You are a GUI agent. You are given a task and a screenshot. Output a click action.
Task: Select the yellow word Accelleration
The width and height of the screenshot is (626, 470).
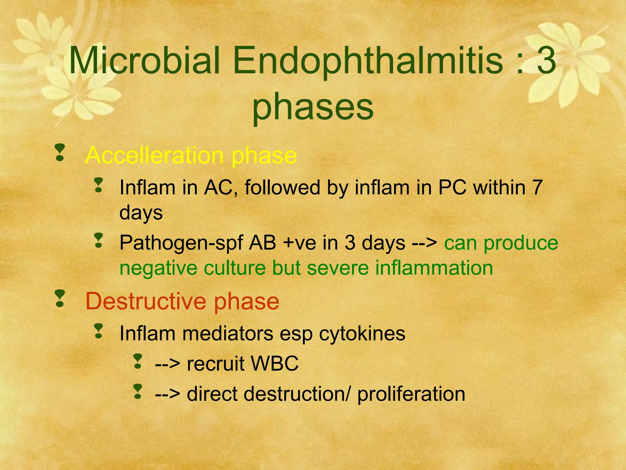click(154, 155)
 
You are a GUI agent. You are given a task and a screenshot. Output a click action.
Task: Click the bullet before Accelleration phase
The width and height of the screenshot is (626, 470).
click(60, 153)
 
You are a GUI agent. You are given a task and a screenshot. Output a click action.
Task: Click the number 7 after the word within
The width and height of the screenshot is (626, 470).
click(537, 187)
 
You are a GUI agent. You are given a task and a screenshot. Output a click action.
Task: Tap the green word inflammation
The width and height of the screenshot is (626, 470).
click(434, 268)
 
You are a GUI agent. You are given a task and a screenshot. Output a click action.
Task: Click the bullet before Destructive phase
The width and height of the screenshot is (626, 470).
click(60, 299)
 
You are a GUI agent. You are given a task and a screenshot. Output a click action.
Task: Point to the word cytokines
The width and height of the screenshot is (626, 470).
click(362, 333)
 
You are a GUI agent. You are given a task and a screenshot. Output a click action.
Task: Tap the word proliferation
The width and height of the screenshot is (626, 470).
click(411, 394)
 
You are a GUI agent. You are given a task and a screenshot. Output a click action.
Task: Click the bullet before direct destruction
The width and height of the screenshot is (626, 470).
click(138, 392)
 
